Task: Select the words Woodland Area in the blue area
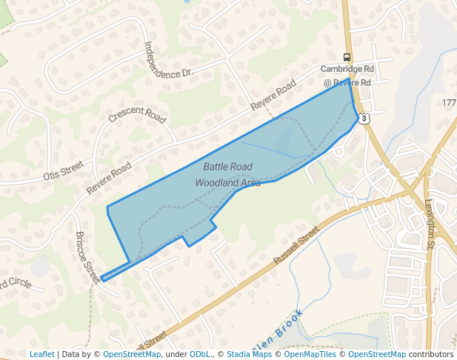228,181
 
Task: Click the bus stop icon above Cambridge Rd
347,58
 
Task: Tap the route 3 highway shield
364,119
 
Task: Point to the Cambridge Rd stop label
347,69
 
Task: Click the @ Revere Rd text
347,82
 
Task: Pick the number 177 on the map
449,102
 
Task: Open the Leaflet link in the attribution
41,354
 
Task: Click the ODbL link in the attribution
201,354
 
